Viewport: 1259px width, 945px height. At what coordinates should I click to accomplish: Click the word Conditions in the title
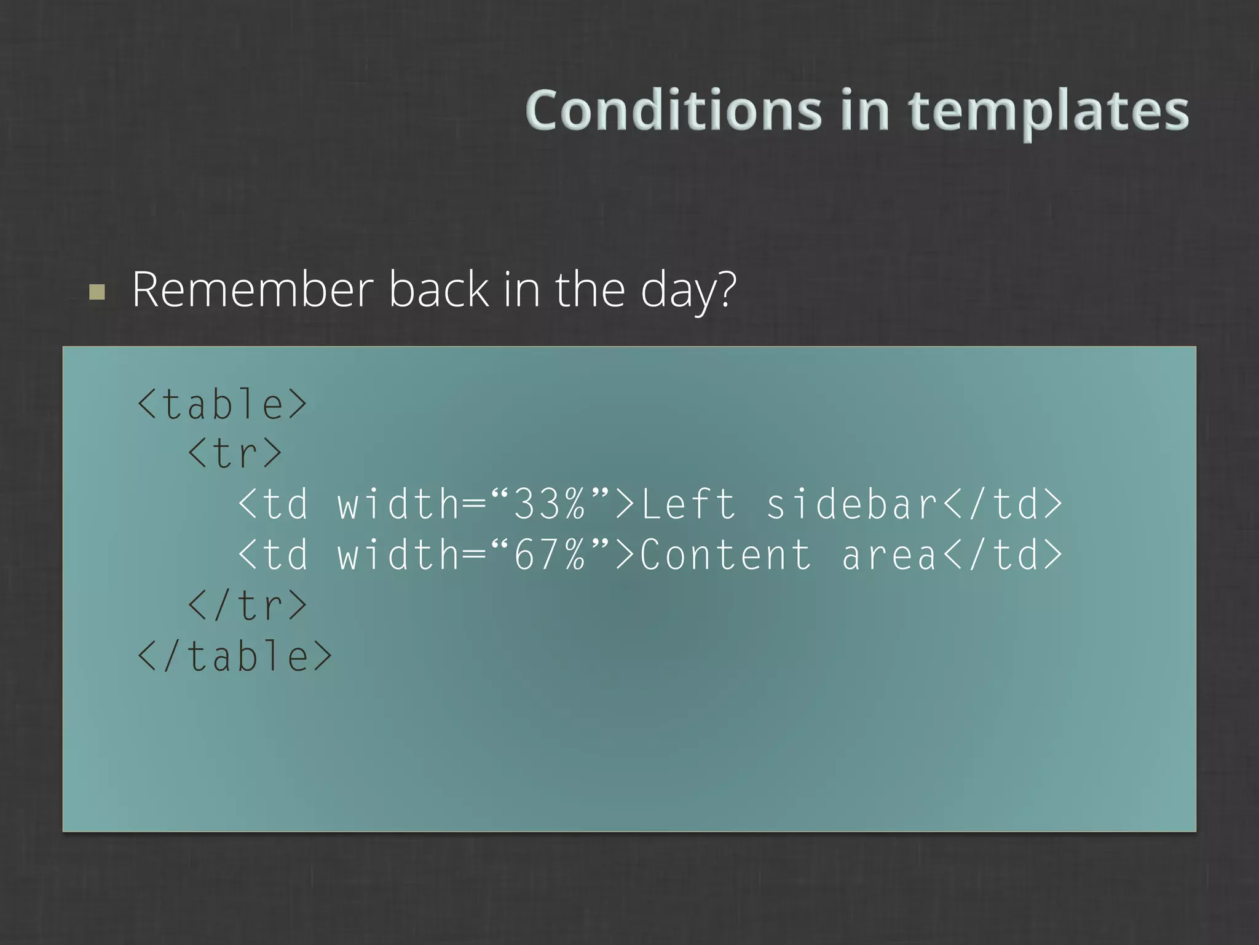[x=674, y=111]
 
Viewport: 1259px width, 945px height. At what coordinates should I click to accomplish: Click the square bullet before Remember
[x=97, y=292]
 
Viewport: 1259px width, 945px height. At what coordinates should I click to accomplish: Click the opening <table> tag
[x=222, y=404]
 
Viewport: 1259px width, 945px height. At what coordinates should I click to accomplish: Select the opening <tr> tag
[x=235, y=454]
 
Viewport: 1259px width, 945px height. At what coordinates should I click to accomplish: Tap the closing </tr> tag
[x=247, y=605]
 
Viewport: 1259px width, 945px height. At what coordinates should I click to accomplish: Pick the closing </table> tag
[x=235, y=656]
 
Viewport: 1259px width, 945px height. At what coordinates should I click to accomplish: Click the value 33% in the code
[x=550, y=504]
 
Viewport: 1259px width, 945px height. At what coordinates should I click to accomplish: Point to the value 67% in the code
[x=550, y=555]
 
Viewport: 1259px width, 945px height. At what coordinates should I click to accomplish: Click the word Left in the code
[x=688, y=504]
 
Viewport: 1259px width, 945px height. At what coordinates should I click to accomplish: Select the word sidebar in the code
[x=852, y=504]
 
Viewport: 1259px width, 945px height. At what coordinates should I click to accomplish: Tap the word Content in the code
[x=725, y=555]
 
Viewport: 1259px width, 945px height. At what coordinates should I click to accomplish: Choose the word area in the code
[x=889, y=555]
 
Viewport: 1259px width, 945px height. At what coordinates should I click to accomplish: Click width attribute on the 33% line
[x=398, y=504]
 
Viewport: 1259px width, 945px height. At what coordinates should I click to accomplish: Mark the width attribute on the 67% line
[x=398, y=555]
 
